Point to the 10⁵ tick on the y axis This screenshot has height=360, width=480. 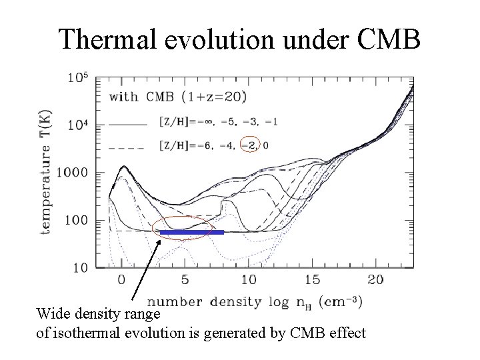77,77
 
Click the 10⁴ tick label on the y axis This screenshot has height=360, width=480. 77,125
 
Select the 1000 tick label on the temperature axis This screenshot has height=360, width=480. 73,173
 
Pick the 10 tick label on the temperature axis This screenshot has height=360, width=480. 79,267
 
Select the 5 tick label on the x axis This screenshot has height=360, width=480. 185,280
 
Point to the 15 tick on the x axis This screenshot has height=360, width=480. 312,280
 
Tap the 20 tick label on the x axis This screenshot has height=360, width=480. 376,280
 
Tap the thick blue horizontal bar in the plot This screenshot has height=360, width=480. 191,233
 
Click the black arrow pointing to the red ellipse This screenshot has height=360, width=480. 145,273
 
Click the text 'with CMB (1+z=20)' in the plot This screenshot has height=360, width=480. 179,97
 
